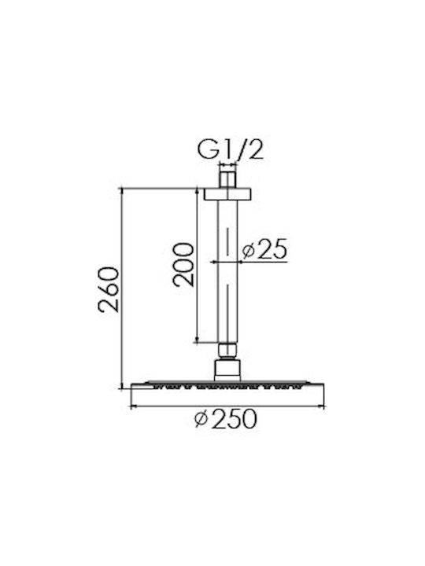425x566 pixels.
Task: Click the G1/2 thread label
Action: tap(230, 150)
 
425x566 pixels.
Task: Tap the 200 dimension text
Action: tap(183, 265)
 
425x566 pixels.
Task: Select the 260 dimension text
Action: tap(109, 289)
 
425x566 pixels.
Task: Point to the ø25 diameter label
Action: tap(264, 249)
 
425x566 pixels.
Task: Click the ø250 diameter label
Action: tap(226, 419)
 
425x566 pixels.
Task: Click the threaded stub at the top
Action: tap(227, 177)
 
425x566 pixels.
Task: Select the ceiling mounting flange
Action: tap(227, 194)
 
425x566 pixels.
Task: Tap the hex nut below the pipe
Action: tap(227, 350)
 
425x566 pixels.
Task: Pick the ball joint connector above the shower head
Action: tap(227, 369)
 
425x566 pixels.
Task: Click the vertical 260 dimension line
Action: tap(122, 288)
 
